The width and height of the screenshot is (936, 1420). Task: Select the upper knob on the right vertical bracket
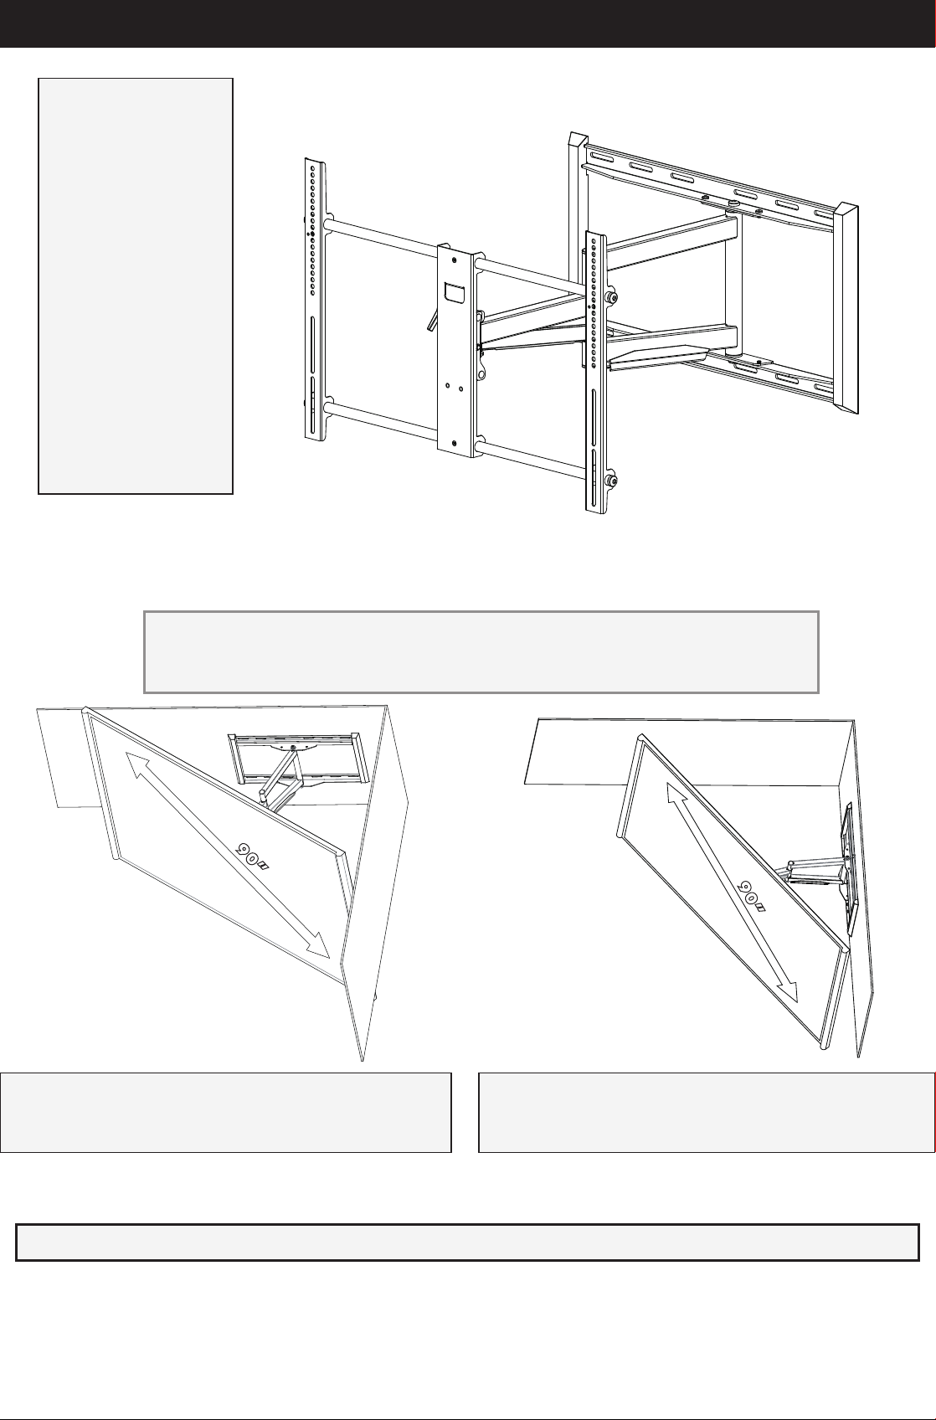pyautogui.click(x=611, y=297)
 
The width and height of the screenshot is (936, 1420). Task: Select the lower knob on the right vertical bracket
pyautogui.click(x=611, y=481)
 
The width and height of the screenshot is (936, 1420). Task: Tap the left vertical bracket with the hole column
pyautogui.click(x=315, y=299)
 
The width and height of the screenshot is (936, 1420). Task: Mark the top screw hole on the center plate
pyautogui.click(x=455, y=260)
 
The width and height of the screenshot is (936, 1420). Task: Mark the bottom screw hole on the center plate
pyautogui.click(x=455, y=443)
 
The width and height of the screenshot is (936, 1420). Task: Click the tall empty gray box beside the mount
pyautogui.click(x=136, y=286)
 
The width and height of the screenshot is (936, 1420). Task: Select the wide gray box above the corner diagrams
pyautogui.click(x=481, y=651)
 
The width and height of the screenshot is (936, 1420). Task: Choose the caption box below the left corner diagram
pyautogui.click(x=225, y=1113)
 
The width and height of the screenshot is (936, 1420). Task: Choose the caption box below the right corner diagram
pyautogui.click(x=707, y=1113)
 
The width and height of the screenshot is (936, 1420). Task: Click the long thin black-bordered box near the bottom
pyautogui.click(x=468, y=1242)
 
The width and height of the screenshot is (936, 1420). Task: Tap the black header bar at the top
pyautogui.click(x=468, y=23)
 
